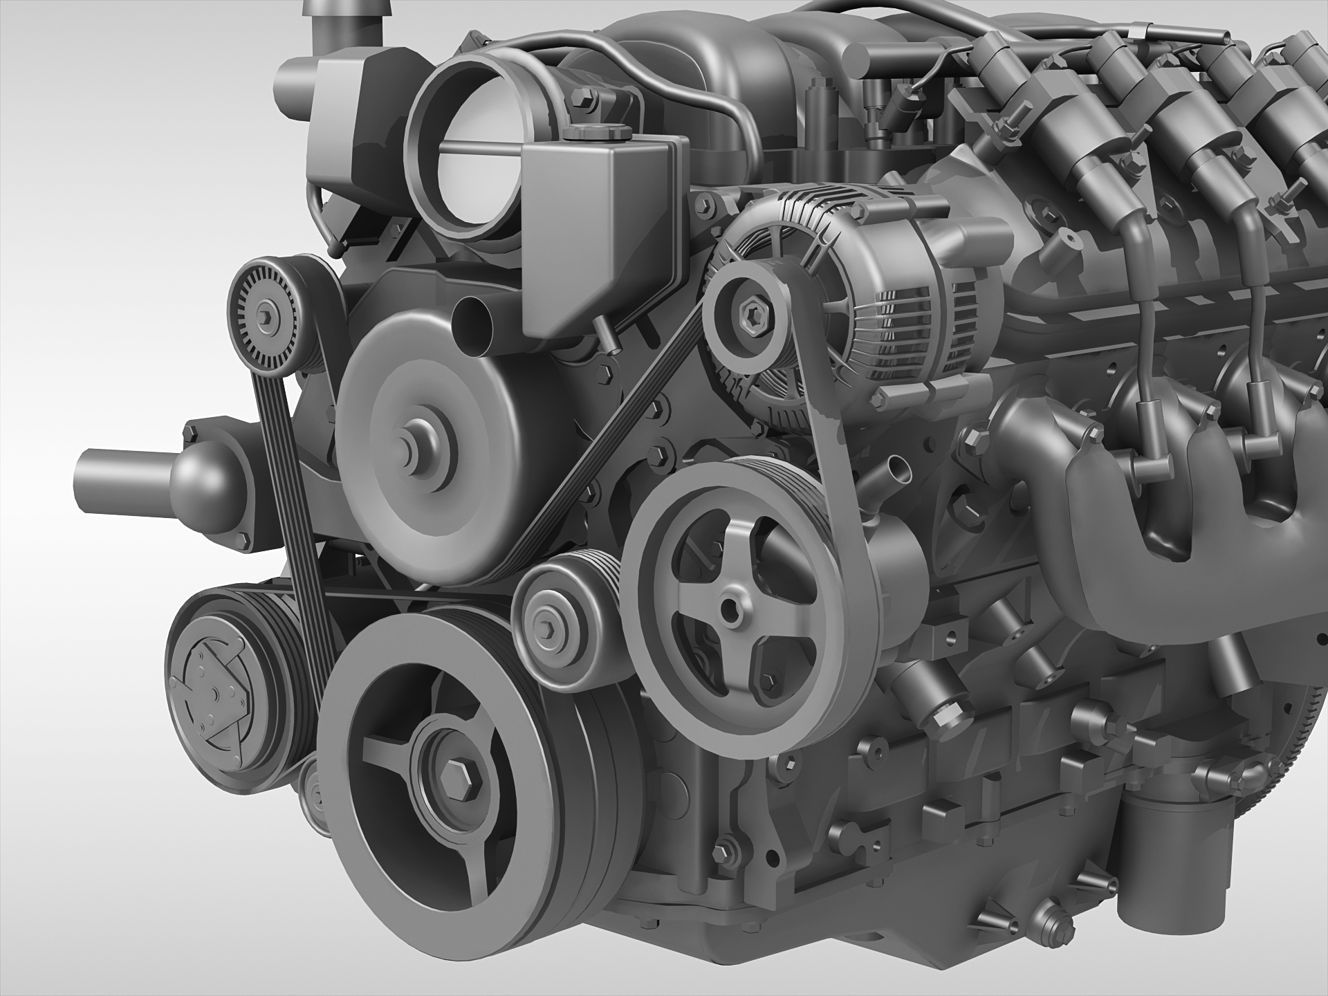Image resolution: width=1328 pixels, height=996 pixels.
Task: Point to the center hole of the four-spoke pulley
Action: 727,609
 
